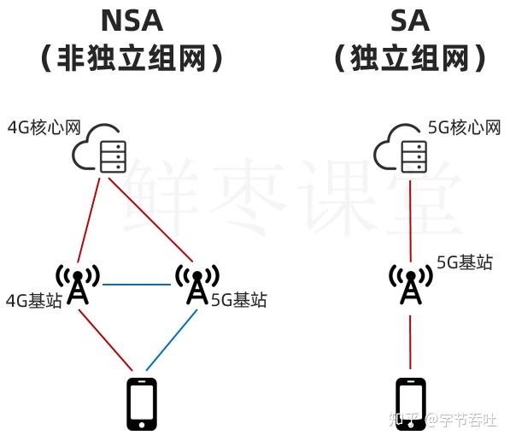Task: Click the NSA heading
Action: coord(132,21)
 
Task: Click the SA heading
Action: coord(410,21)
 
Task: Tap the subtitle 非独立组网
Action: coord(132,58)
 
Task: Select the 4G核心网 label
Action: coord(44,127)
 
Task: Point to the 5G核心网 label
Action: coord(464,127)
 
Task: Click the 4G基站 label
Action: coord(34,300)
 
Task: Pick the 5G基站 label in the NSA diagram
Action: coord(239,300)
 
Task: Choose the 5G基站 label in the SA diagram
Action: coord(465,262)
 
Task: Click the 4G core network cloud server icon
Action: coord(99,148)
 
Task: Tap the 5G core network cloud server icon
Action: coord(401,148)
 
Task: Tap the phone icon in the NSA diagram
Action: coord(142,404)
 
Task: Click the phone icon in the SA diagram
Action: coord(410,404)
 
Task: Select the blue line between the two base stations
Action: coord(137,285)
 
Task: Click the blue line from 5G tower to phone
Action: coord(172,340)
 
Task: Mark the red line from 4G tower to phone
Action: coord(106,340)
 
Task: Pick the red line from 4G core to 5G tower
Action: coord(151,220)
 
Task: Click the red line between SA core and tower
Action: coord(410,221)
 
